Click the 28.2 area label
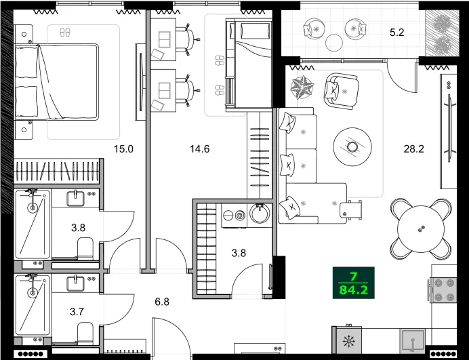click(412, 149)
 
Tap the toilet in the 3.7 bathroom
click(85, 332)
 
